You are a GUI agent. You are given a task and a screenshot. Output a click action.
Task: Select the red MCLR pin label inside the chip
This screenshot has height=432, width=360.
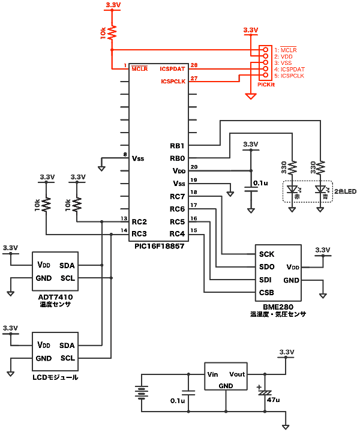click(x=139, y=69)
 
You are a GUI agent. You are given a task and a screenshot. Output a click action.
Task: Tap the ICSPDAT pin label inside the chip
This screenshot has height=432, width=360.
click(x=173, y=69)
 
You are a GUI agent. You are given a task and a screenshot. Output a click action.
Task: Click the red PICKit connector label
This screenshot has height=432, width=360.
click(x=266, y=85)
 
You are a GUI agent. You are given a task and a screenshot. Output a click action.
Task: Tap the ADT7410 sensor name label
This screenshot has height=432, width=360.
click(x=55, y=297)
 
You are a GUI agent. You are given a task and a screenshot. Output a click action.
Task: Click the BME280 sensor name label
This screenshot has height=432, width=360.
click(x=278, y=306)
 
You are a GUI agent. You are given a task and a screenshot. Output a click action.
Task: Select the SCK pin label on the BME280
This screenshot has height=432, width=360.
click(x=266, y=254)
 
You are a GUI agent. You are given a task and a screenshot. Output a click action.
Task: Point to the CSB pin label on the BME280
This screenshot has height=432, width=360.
click(x=266, y=293)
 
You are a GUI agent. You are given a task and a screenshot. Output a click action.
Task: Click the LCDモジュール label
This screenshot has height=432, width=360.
click(x=55, y=377)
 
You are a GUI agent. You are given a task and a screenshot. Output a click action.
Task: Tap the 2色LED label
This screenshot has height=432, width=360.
click(x=346, y=192)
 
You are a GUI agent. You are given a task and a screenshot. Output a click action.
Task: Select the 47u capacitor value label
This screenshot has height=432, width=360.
click(x=273, y=400)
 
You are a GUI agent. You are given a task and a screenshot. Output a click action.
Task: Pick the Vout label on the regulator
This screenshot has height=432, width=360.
click(x=237, y=374)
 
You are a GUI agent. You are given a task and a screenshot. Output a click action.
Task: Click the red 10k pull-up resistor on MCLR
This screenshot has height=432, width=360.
click(x=112, y=31)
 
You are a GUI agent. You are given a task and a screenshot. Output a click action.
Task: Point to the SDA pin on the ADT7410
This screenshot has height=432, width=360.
click(x=67, y=265)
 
